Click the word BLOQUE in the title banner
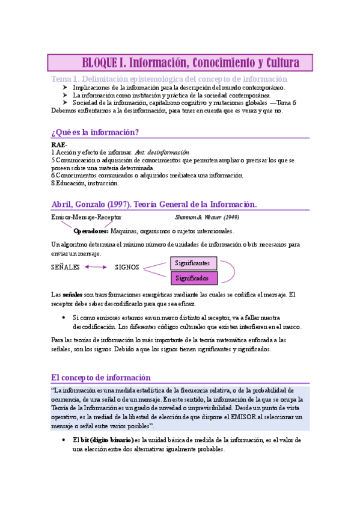tap(101, 63)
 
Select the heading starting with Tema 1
tap(169, 79)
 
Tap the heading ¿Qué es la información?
tap(96, 132)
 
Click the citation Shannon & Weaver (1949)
tap(207, 217)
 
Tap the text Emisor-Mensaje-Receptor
tap(87, 217)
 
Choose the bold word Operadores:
tap(91, 231)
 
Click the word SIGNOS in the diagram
tap(127, 267)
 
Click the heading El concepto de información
tap(101, 378)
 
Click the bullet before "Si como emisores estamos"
tap(64, 317)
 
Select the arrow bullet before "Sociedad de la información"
tap(64, 103)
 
